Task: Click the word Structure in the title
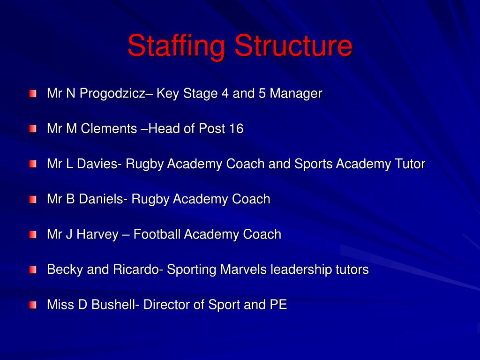tap(293, 46)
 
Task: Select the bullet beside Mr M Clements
tap(32, 129)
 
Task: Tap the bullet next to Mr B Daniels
tap(32, 199)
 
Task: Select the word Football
tap(157, 234)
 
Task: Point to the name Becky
tap(62, 270)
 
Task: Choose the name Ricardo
tap(136, 270)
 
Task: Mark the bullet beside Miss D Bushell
tap(32, 305)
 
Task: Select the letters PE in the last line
tap(277, 305)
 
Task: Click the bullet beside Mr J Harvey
tap(32, 234)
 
